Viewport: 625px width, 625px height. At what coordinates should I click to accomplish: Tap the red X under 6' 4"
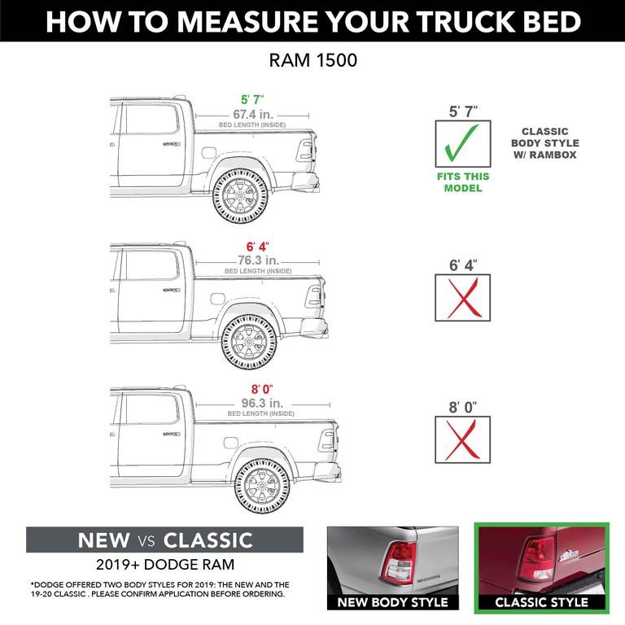pos(462,299)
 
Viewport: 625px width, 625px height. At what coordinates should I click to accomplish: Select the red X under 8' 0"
pos(462,440)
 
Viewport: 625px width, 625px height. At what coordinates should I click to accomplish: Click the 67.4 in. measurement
pos(251,115)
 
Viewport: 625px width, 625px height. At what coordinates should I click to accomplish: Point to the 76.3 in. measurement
pos(257,260)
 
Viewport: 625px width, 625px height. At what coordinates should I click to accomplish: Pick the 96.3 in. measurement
pos(260,403)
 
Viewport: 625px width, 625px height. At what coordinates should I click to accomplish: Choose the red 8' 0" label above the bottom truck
pos(260,389)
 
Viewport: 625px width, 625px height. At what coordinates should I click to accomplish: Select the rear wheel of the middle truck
pos(248,340)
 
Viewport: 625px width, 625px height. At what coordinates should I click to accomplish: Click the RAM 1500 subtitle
pos(312,61)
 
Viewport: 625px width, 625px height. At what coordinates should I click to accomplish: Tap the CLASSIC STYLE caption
pos(541,602)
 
